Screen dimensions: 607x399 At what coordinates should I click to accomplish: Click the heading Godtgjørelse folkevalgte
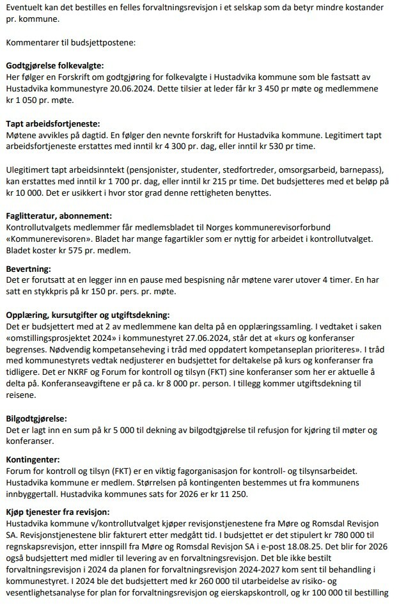(x=54, y=65)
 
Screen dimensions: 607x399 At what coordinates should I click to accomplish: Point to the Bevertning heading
(x=27, y=269)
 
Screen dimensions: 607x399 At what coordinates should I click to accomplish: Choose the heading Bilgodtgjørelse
(x=36, y=419)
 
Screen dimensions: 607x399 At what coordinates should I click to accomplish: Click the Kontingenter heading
(x=33, y=459)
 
